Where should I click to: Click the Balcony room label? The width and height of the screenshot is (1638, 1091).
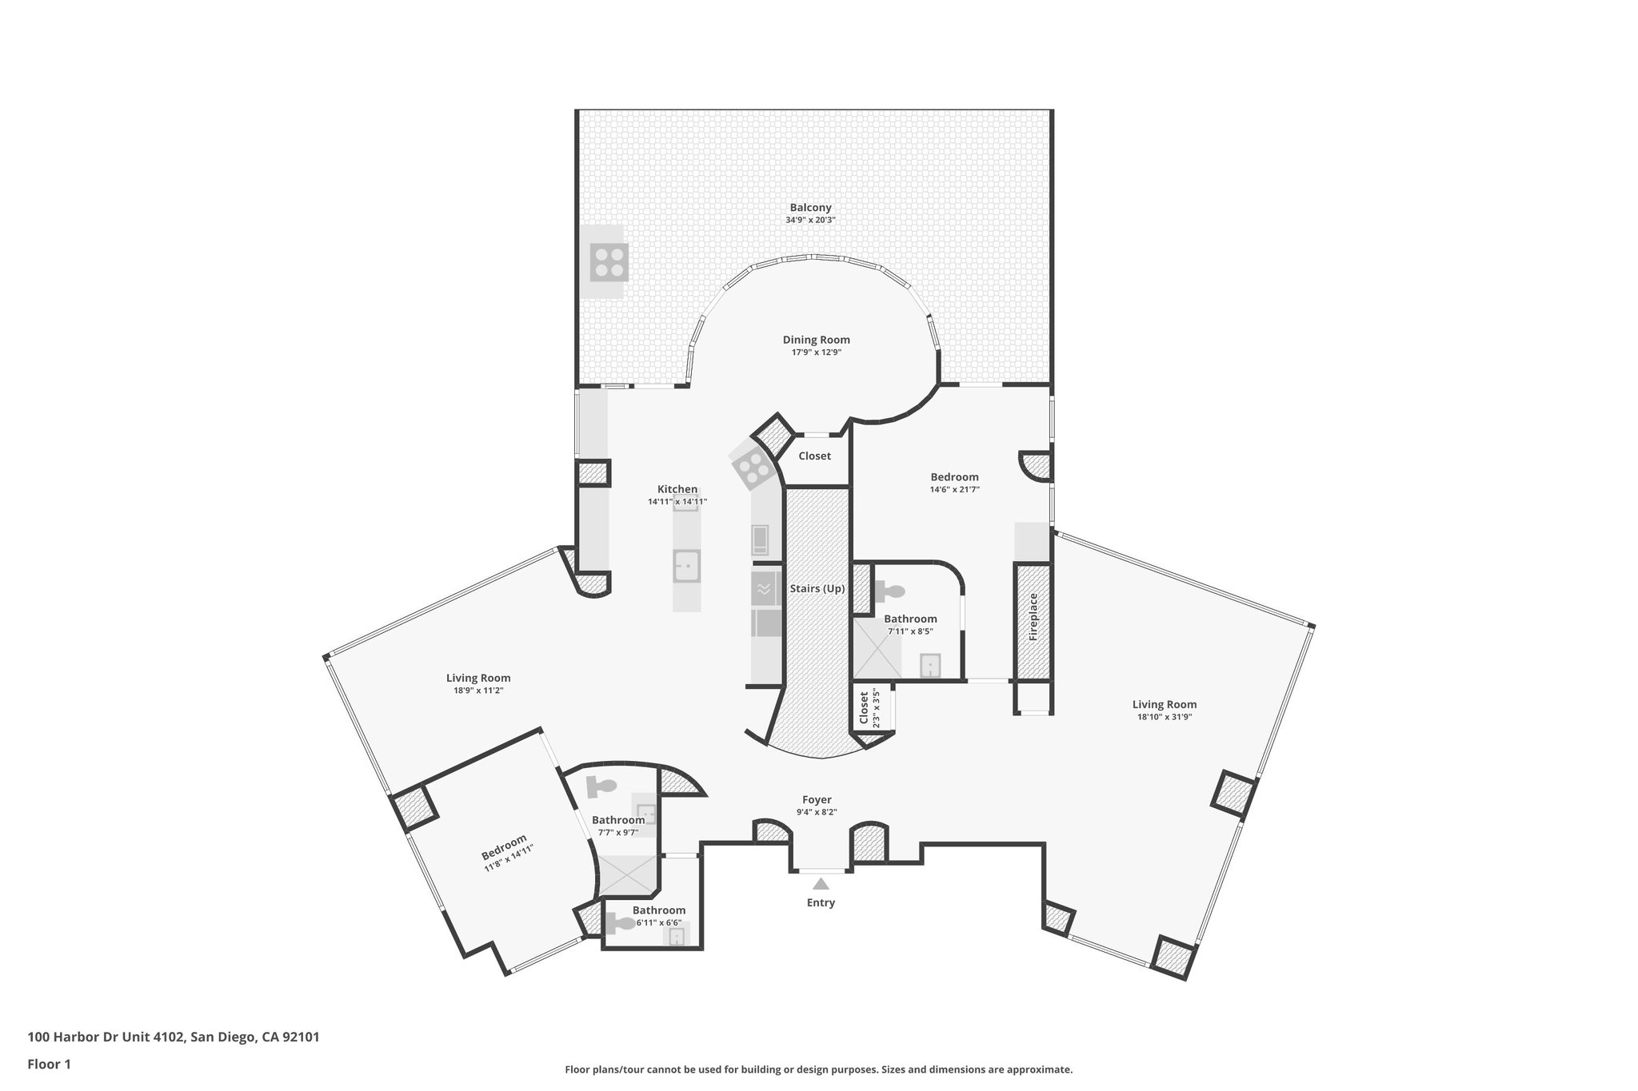click(x=810, y=208)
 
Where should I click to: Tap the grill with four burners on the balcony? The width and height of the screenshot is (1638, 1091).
click(x=609, y=262)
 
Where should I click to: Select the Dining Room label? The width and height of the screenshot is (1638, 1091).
click(x=816, y=340)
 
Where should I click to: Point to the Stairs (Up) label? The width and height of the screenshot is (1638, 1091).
click(x=817, y=589)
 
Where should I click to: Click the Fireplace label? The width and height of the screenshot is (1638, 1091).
click(x=1033, y=616)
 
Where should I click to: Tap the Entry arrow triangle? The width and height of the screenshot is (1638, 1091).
click(x=821, y=884)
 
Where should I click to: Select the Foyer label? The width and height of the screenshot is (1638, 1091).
click(x=817, y=799)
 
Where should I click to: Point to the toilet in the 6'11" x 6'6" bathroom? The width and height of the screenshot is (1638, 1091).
click(x=620, y=924)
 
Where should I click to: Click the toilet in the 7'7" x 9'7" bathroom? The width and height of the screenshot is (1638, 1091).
click(x=601, y=786)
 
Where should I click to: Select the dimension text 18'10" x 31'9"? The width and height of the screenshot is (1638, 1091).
click(x=1164, y=717)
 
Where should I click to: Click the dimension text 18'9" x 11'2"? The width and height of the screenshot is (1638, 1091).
click(x=478, y=691)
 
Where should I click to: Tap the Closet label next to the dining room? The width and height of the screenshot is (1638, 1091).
click(x=814, y=456)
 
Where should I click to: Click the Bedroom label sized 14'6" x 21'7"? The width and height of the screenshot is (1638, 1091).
click(x=954, y=477)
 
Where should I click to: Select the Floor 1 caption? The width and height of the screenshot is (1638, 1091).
click(x=50, y=1064)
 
